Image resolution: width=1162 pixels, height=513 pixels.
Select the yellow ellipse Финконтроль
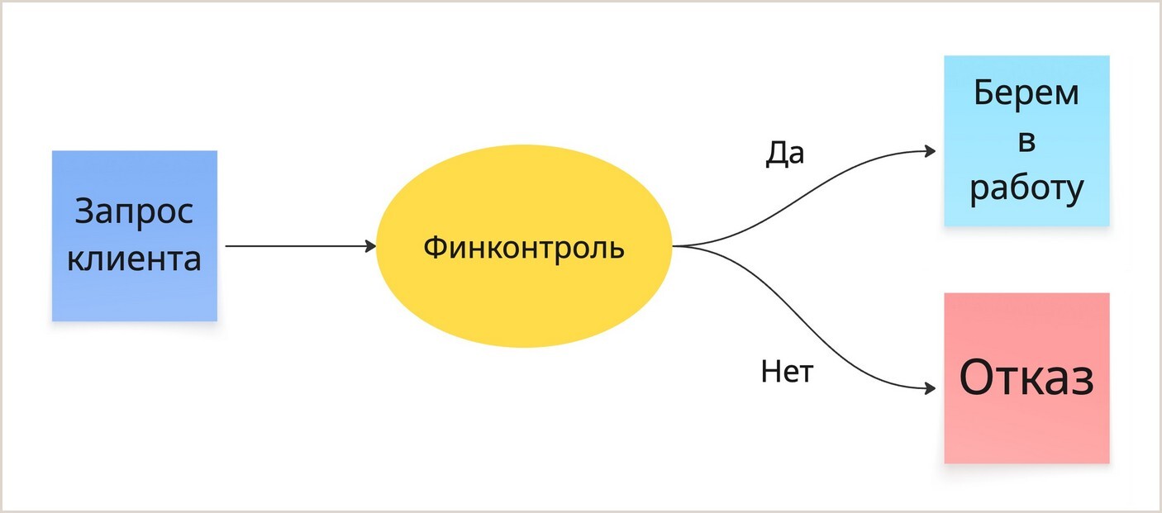point(522,297)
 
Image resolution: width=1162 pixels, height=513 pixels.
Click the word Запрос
point(134,211)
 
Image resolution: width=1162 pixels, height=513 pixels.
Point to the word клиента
point(134,259)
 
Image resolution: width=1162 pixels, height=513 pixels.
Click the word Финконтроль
point(524,247)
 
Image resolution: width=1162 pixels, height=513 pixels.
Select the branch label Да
point(784,153)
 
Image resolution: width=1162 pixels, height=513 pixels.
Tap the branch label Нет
point(787,372)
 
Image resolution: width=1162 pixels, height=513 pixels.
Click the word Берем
point(1026,93)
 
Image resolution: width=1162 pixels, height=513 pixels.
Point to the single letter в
point(1026,141)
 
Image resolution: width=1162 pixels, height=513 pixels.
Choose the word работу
point(1026,189)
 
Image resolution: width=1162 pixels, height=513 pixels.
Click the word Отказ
point(1026,378)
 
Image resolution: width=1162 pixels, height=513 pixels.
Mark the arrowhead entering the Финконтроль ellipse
point(371,246)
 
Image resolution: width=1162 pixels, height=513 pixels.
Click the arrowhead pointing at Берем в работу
point(931,151)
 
